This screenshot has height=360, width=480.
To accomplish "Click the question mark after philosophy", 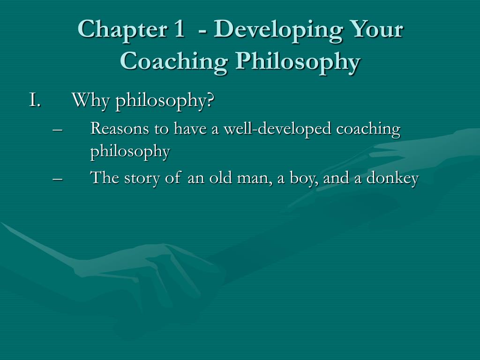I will [210, 100].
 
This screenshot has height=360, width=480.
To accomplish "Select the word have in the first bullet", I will [189, 128].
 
